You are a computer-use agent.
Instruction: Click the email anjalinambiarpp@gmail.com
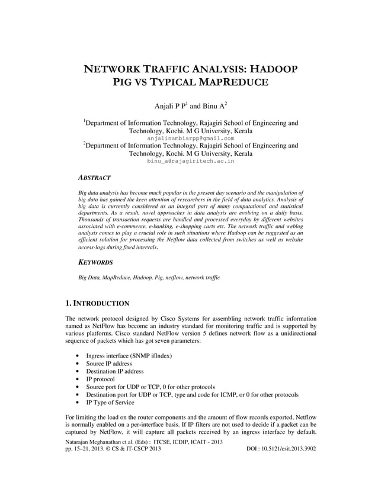tap(190, 138)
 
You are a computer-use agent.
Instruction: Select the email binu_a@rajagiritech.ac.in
tap(190, 160)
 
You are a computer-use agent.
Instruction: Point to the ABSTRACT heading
tap(94, 177)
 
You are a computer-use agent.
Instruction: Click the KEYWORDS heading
tap(95, 261)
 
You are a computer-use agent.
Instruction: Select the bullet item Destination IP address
tap(115, 371)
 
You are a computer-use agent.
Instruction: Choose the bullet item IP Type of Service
tap(110, 402)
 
